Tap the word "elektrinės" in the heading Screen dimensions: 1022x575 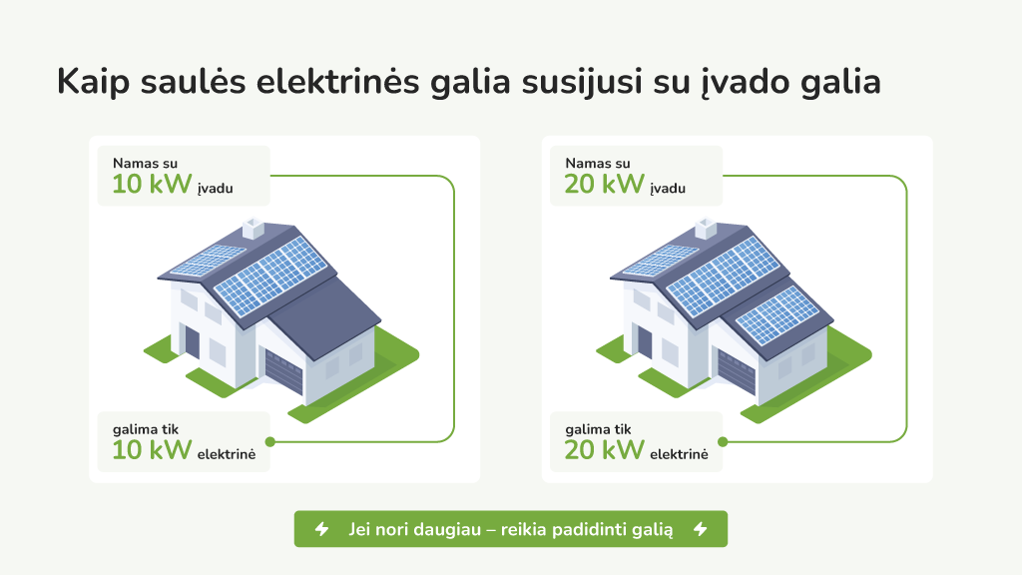click(x=337, y=82)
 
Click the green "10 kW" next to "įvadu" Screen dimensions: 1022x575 click(x=152, y=185)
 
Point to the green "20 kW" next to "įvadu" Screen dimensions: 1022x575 click(x=604, y=185)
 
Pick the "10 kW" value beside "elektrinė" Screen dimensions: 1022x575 click(x=152, y=450)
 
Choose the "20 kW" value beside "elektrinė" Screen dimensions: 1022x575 click(x=604, y=450)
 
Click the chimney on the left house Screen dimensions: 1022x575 click(x=253, y=229)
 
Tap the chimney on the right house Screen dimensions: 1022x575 click(x=706, y=229)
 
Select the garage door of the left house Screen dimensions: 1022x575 click(x=283, y=371)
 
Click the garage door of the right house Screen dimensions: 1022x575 click(x=736, y=371)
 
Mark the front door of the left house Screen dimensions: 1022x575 click(x=192, y=341)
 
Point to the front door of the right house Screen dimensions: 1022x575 click(x=644, y=341)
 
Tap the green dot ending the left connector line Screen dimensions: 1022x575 click(x=270, y=442)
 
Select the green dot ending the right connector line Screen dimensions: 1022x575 click(x=723, y=442)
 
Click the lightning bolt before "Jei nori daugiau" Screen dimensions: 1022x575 click(x=322, y=529)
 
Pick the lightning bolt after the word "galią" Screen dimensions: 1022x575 click(x=701, y=529)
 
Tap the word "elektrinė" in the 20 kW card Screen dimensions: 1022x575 click(x=679, y=454)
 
